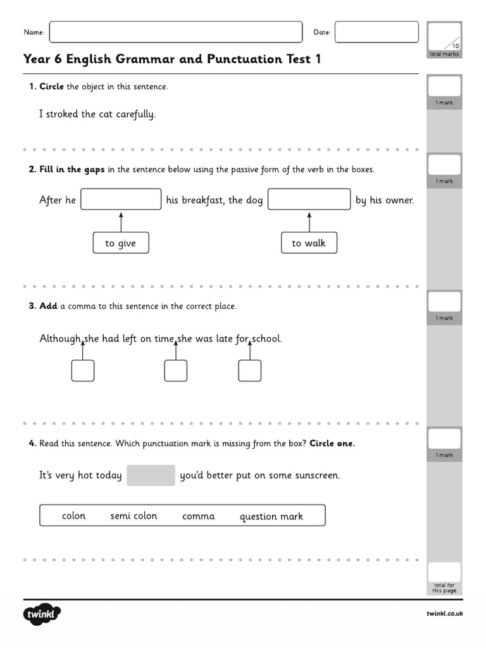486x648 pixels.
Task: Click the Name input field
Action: (x=175, y=32)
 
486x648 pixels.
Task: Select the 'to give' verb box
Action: (x=121, y=243)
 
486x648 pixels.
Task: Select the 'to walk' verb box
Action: (x=309, y=243)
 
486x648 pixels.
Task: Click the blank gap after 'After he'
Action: (x=121, y=199)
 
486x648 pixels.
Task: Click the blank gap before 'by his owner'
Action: (x=309, y=199)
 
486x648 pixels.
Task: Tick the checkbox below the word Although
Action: (x=83, y=371)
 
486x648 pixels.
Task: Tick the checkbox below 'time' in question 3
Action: (x=175, y=371)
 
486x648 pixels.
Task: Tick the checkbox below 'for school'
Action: (x=249, y=371)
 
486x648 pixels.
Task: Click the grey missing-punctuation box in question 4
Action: (x=151, y=475)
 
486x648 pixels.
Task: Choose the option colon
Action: (x=73, y=516)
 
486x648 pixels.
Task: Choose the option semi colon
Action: (x=134, y=516)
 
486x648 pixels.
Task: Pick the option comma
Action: (x=198, y=516)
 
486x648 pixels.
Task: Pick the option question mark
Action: (x=271, y=516)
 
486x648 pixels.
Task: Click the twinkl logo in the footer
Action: (x=42, y=614)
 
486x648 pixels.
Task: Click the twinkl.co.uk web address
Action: (x=445, y=614)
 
